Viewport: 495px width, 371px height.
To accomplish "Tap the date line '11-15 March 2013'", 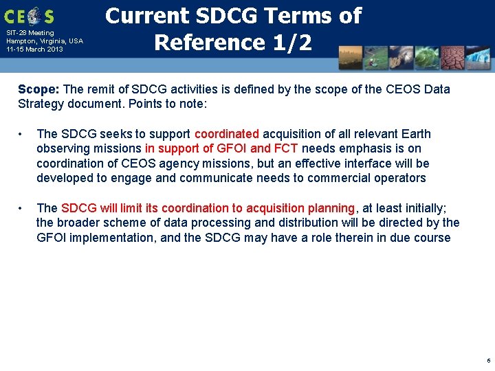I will click(34, 49).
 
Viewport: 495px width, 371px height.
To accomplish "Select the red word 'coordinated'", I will click(227, 134).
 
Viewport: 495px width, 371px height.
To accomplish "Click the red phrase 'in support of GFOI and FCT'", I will click(221, 148).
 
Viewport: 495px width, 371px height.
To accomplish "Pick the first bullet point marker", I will click(22, 134).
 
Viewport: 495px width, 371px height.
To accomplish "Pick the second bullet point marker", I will click(22, 208).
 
